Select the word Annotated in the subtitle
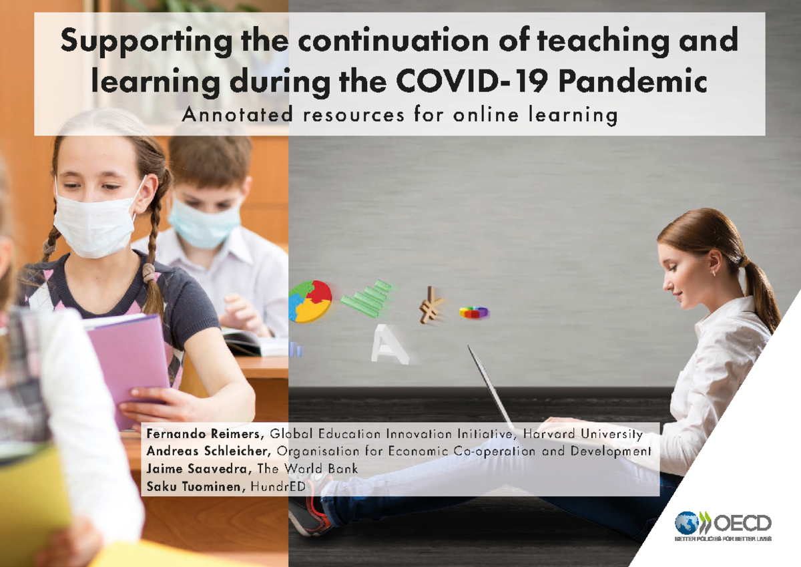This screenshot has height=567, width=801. (x=237, y=116)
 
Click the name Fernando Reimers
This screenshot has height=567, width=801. (x=205, y=435)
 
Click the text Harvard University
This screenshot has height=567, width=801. (x=583, y=435)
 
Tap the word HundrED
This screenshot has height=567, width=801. (x=278, y=487)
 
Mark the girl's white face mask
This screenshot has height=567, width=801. (x=93, y=224)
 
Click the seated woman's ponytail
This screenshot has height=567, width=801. (x=761, y=287)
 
